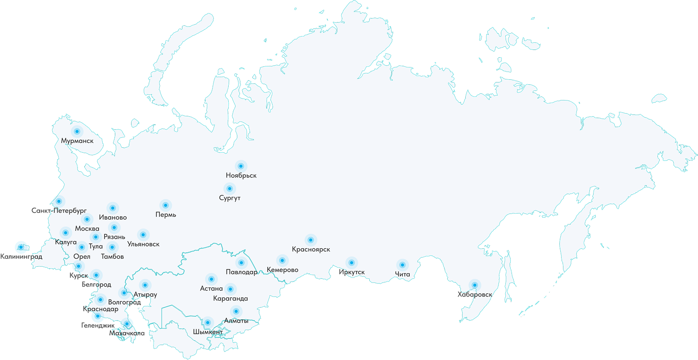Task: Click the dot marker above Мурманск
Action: (x=77, y=132)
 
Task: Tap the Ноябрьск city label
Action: (x=241, y=175)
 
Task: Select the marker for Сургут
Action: (x=229, y=188)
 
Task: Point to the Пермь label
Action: (x=165, y=214)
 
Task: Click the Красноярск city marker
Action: (x=310, y=240)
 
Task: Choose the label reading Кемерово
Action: (x=282, y=270)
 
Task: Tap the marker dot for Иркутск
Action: (x=351, y=263)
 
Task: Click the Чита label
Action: (x=402, y=274)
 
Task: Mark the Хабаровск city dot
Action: (x=474, y=285)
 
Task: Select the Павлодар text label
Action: (x=241, y=272)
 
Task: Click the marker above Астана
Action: (x=211, y=279)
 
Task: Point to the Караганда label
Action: (x=231, y=298)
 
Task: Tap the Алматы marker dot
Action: (x=236, y=311)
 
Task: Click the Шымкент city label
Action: (x=208, y=332)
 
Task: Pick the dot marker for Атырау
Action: (x=145, y=285)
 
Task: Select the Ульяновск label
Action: (x=143, y=244)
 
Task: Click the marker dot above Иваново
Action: (x=113, y=208)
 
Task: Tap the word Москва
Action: (x=87, y=228)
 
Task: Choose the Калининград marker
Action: (x=20, y=247)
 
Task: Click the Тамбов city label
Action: (x=112, y=256)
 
